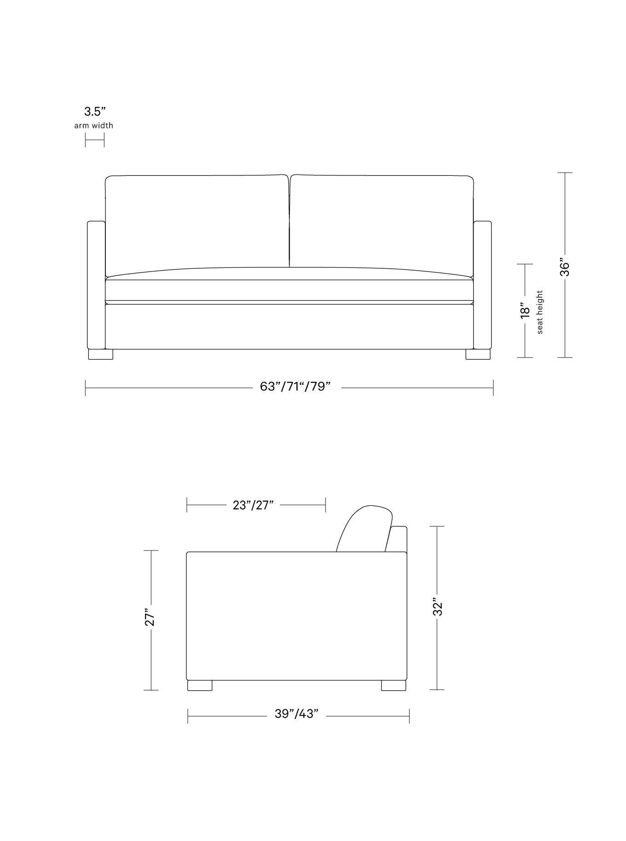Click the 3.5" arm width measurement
pyautogui.click(x=95, y=111)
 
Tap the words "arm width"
pyautogui.click(x=93, y=125)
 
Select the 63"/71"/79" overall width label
pyautogui.click(x=295, y=387)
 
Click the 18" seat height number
pyautogui.click(x=525, y=310)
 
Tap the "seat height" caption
pyautogui.click(x=540, y=312)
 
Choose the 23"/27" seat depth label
pyautogui.click(x=253, y=505)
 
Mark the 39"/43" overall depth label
pyautogui.click(x=296, y=714)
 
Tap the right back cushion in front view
pyautogui.click(x=382, y=221)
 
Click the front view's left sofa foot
pyautogui.click(x=100, y=354)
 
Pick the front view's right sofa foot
pyautogui.click(x=478, y=354)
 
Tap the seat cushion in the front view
pyautogui.click(x=289, y=288)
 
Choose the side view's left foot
pyautogui.click(x=200, y=685)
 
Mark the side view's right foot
pyautogui.click(x=394, y=685)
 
